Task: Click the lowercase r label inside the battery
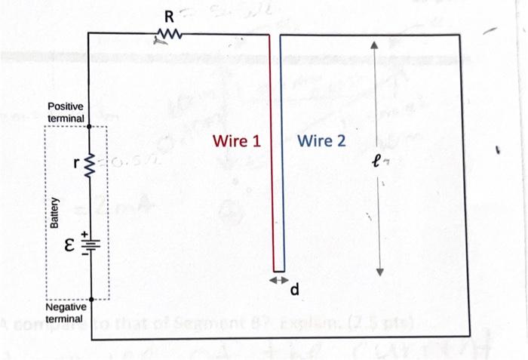point(76,162)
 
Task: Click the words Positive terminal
point(66,113)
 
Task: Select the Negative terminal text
point(66,314)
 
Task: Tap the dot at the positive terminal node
point(90,127)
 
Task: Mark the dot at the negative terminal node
point(90,299)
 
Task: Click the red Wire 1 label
point(237,141)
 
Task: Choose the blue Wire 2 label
point(321,141)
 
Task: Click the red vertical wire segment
point(273,151)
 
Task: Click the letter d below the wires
point(295,289)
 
